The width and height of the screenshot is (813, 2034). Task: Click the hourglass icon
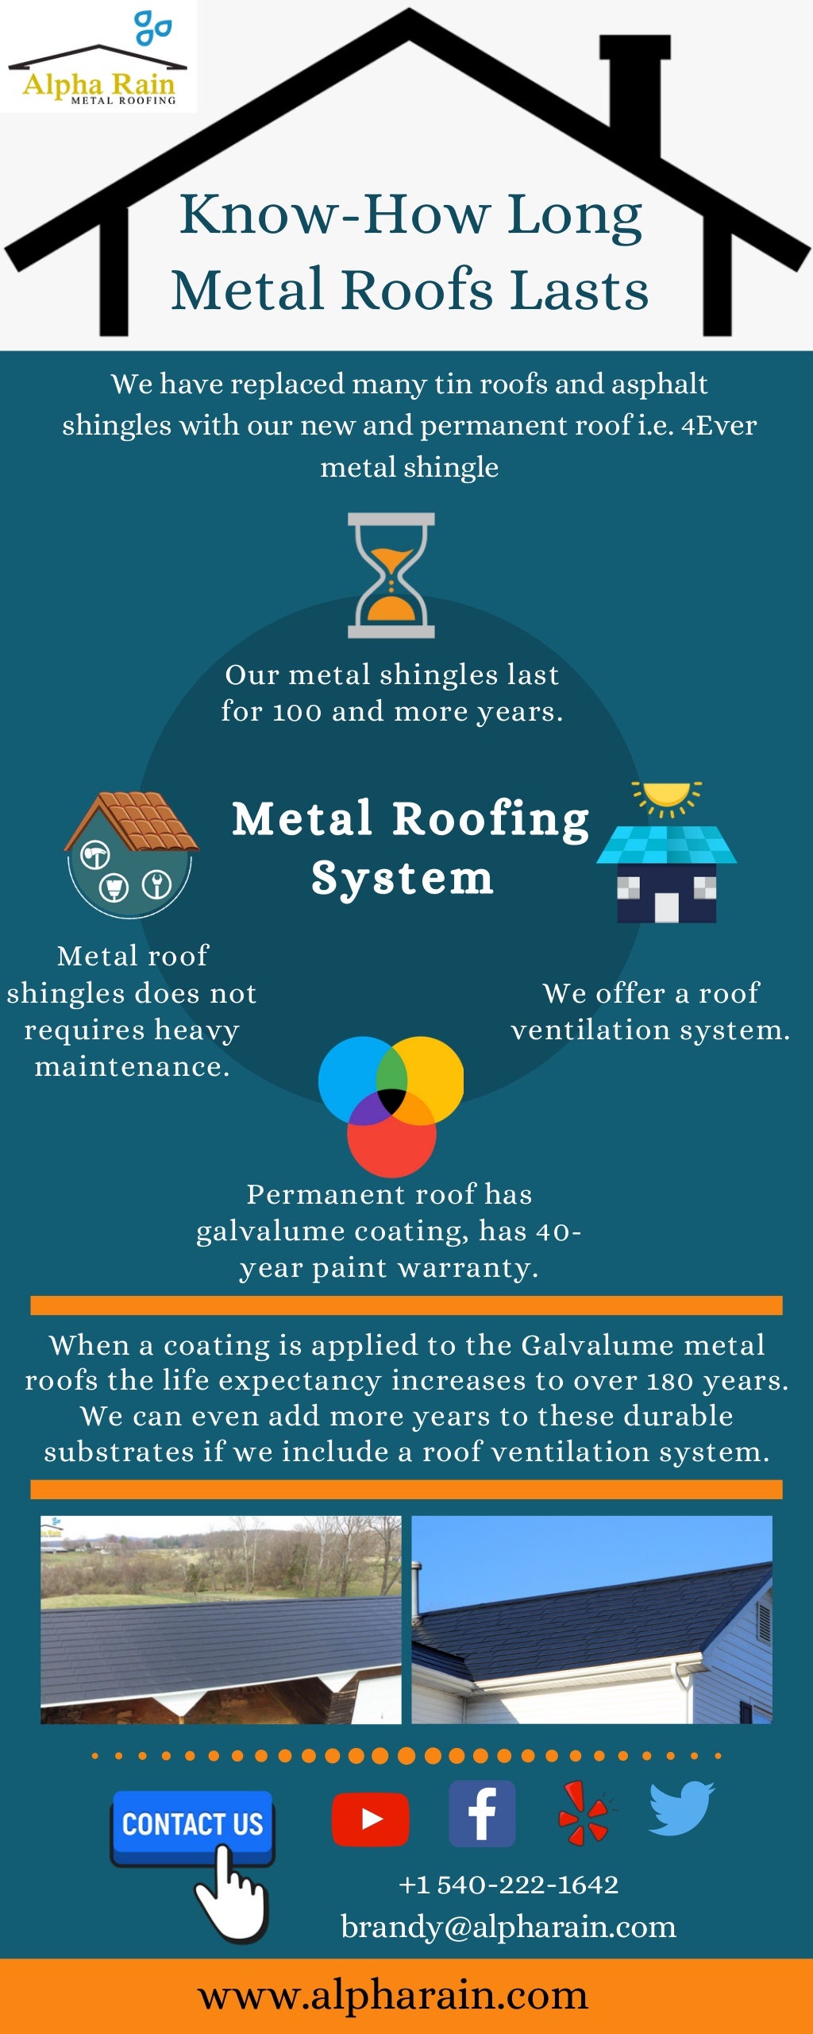coord(391,575)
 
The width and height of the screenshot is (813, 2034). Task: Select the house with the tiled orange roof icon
coord(131,854)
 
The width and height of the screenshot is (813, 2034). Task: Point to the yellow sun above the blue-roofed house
coord(667,795)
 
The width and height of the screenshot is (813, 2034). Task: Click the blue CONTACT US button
coord(192,1823)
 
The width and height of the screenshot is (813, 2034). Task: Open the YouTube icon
coord(370,1819)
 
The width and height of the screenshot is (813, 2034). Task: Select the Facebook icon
coord(482,1813)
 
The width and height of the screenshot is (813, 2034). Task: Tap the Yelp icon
coord(584,1813)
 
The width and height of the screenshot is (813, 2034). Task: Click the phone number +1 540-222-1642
coord(508,1885)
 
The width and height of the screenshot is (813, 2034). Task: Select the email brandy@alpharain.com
coord(508,1927)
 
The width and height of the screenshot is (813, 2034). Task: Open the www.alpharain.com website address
coord(393,1995)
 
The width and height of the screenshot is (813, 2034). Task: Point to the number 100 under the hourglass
coord(297,712)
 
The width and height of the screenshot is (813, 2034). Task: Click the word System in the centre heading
coord(403,879)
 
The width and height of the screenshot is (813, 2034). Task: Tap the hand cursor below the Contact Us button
coord(230,1895)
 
